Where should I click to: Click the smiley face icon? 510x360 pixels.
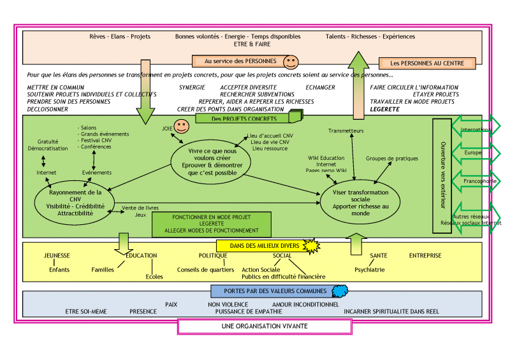point(291,62)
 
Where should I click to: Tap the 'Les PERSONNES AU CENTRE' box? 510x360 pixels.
point(426,63)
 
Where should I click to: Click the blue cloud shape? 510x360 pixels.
point(339,291)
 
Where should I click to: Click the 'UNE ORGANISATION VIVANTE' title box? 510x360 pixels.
point(264,326)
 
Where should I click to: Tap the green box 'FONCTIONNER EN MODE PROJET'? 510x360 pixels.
point(211,223)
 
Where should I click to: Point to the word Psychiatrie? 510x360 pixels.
point(370,270)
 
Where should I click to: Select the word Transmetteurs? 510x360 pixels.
point(346,131)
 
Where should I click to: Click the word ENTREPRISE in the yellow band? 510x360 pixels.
point(425,256)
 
